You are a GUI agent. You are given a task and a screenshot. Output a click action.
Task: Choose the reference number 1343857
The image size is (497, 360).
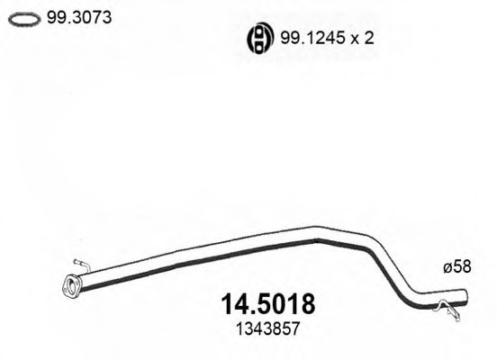coord(260,329)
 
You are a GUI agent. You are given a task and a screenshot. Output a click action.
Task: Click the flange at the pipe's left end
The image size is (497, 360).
coord(71,287)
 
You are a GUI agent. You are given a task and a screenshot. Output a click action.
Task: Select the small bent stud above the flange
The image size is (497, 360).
coord(79,265)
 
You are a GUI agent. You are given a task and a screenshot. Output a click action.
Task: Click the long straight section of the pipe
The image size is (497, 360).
coord(198,254)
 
